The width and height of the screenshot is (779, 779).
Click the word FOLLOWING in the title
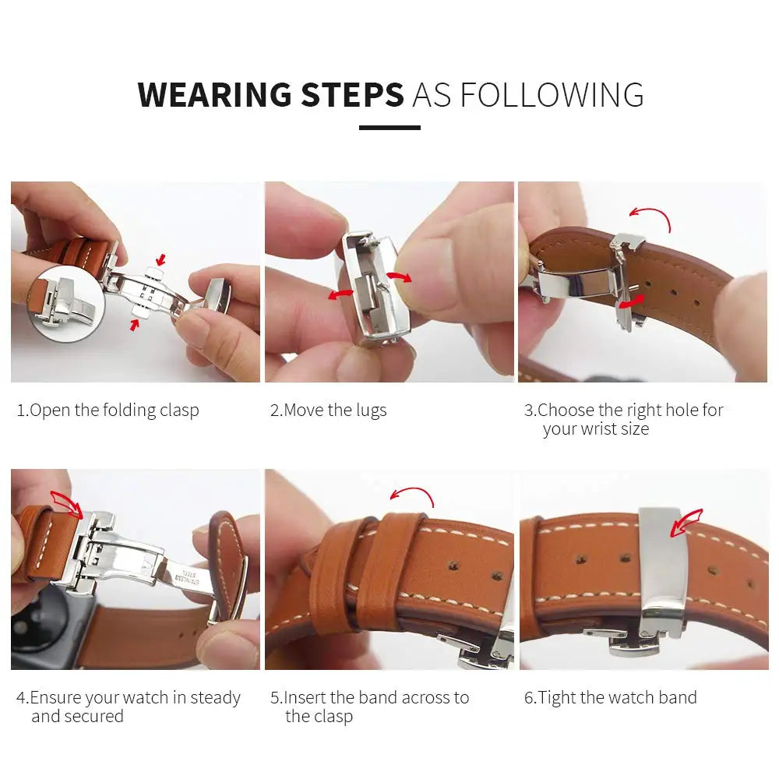(x=552, y=95)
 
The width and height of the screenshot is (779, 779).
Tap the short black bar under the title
(x=389, y=128)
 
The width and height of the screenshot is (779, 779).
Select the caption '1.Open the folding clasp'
(x=108, y=411)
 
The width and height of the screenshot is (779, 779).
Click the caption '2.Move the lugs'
(x=328, y=411)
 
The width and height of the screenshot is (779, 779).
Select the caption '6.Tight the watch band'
(x=610, y=698)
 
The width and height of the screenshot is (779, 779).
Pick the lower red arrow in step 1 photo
(x=136, y=324)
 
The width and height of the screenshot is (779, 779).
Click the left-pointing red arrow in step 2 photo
(x=340, y=294)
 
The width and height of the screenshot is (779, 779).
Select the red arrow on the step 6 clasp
(x=686, y=523)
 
